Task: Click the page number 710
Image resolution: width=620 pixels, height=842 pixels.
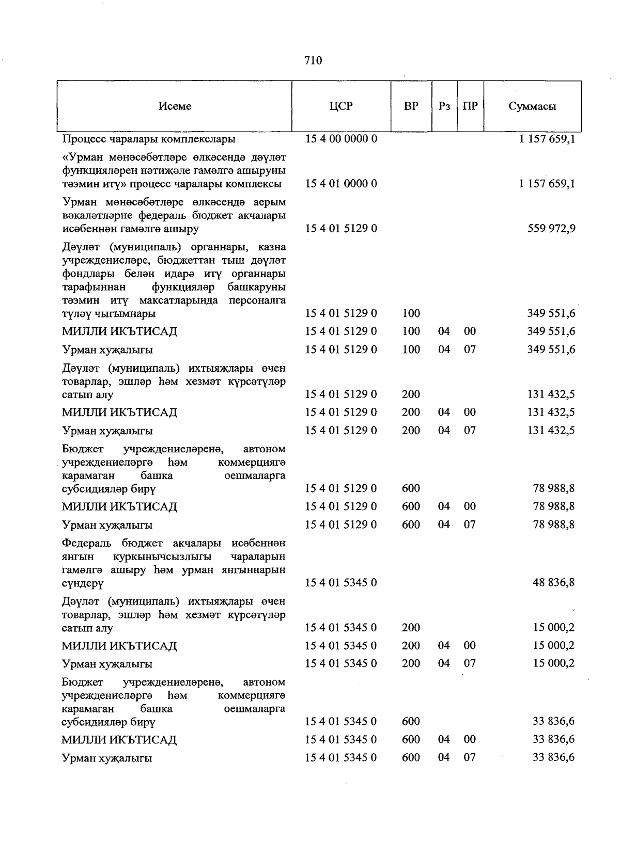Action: coord(313,60)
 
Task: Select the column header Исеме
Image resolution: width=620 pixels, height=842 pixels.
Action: coord(175,106)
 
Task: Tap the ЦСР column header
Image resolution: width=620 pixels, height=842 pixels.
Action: coord(341,106)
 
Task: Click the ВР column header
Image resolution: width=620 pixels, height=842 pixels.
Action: coord(411,106)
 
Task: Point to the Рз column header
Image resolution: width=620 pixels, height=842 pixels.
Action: coord(444,106)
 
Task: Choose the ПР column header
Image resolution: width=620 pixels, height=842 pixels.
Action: coord(470,106)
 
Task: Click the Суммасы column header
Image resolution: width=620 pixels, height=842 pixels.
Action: coord(532,106)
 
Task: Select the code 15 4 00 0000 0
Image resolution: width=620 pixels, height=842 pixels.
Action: coord(341,139)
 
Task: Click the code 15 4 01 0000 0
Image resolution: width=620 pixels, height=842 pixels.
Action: coord(341,184)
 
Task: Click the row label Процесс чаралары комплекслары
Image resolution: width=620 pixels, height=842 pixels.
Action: coord(149,139)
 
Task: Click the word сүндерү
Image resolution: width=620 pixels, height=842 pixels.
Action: coord(83,583)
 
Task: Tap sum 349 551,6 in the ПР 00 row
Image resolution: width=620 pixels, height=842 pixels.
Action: coord(551,331)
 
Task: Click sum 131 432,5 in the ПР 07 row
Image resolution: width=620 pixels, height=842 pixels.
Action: coord(551,431)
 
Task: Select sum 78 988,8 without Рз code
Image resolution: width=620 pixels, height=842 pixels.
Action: coord(553,488)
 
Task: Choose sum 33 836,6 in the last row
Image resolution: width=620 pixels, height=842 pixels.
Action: coord(553,757)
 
